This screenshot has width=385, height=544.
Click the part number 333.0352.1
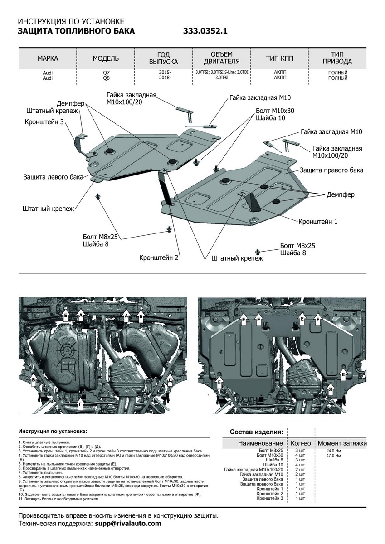click(x=205, y=31)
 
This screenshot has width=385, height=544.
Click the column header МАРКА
click(x=48, y=58)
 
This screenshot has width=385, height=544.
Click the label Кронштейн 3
click(x=44, y=121)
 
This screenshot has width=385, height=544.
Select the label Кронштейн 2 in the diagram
click(x=159, y=257)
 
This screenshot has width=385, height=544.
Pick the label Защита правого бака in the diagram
click(x=331, y=170)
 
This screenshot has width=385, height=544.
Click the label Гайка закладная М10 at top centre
click(x=260, y=97)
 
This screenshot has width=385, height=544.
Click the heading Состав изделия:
click(x=257, y=431)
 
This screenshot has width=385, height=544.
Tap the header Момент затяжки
click(x=342, y=443)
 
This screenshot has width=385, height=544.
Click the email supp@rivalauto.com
click(x=128, y=523)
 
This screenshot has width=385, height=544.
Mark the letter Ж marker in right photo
click(x=331, y=389)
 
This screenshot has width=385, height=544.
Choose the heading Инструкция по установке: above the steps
click(x=53, y=431)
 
